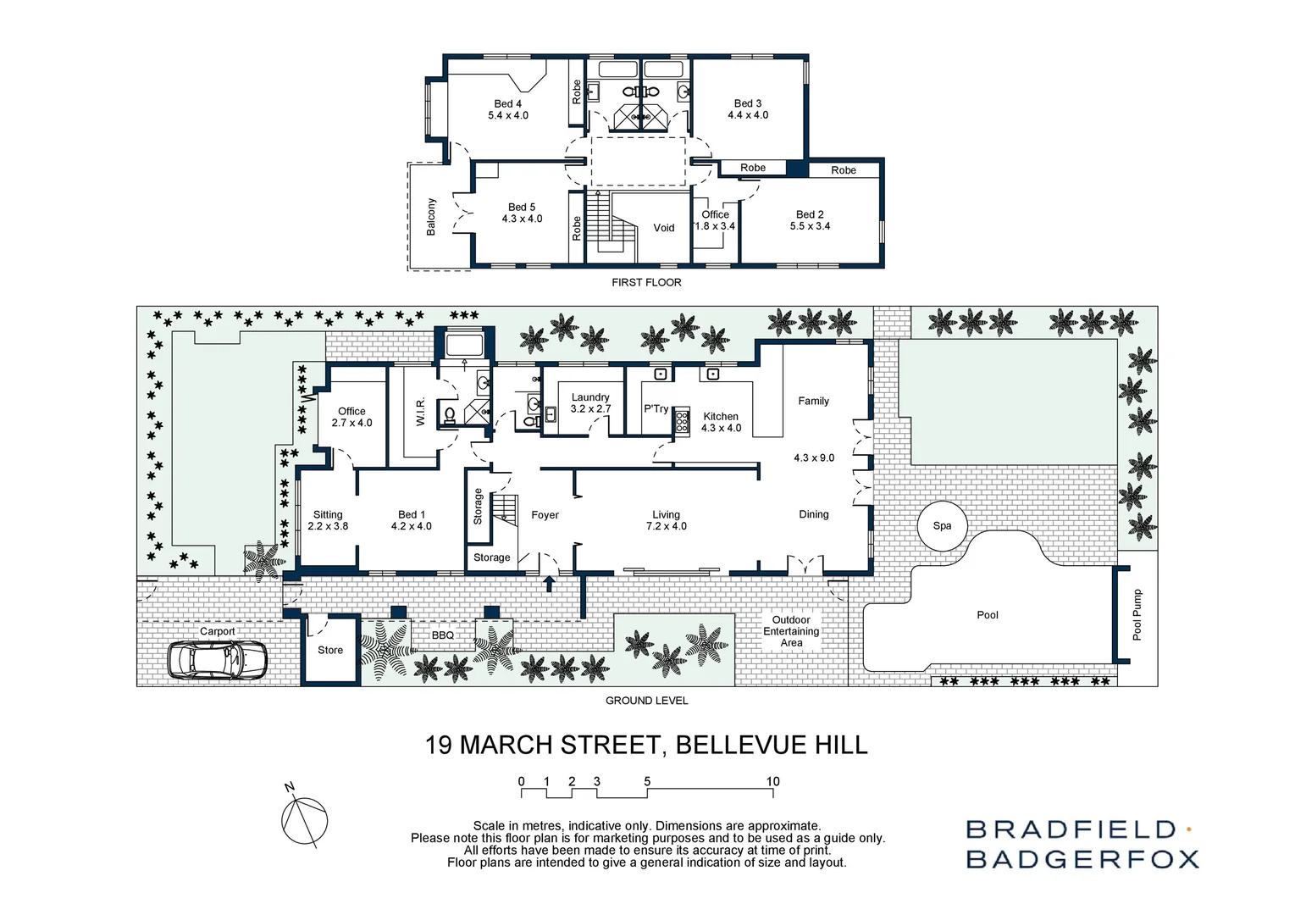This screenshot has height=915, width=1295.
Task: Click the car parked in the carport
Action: point(218,658)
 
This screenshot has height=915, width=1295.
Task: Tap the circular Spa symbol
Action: point(942,525)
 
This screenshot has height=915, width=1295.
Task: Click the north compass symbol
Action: point(303,820)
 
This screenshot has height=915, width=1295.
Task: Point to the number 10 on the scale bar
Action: point(772,781)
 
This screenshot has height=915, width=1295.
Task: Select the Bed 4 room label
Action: point(507,103)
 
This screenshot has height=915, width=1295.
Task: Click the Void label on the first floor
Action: point(664,228)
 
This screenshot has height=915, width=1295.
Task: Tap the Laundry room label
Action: point(590,396)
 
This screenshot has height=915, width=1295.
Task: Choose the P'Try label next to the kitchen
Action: point(656,408)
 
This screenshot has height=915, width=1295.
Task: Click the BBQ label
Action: point(443,635)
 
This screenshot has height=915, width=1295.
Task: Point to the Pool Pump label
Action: point(1137,614)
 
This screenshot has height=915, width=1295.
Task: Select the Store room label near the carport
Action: point(330,650)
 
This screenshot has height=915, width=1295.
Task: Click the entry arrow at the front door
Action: point(549,583)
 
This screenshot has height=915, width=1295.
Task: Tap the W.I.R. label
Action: point(420,412)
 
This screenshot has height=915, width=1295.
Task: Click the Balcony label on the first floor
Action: point(431,217)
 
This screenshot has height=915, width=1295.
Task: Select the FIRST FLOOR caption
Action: point(646,282)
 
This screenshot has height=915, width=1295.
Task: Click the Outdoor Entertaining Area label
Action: point(791,631)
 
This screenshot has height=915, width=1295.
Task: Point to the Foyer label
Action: point(545,515)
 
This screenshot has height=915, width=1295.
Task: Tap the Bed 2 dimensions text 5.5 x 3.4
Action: point(810,226)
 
